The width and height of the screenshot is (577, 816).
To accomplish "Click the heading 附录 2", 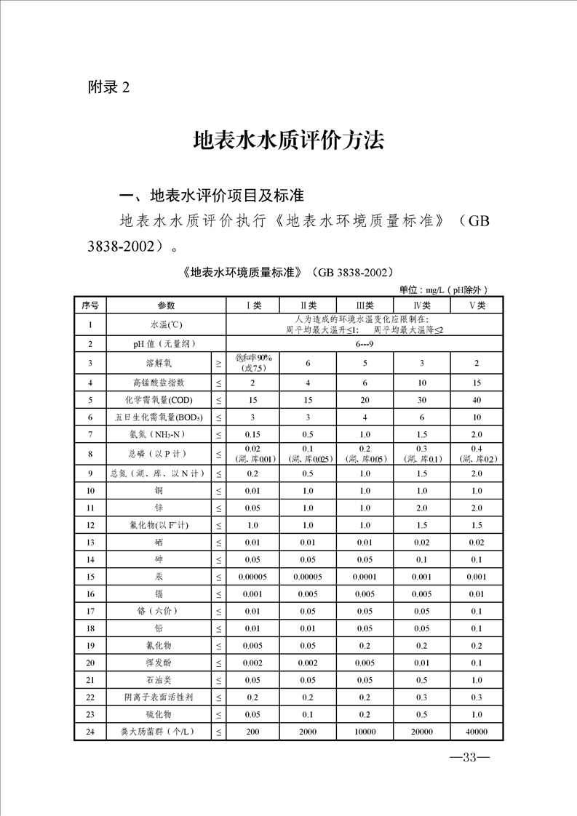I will [x=108, y=87].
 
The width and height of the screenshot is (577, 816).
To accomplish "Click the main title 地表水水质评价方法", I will [x=288, y=140].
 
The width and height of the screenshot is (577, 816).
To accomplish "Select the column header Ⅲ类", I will [x=365, y=305].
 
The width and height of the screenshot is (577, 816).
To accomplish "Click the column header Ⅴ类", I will [x=477, y=305].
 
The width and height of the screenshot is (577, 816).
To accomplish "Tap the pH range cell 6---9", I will [x=365, y=343].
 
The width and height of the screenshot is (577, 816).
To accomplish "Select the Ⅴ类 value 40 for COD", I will [x=477, y=400].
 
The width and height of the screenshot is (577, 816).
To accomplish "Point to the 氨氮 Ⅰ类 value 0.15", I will [x=252, y=435].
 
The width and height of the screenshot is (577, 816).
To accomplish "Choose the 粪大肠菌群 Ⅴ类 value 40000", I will [x=477, y=732].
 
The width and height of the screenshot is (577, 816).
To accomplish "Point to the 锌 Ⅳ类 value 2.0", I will [x=421, y=508].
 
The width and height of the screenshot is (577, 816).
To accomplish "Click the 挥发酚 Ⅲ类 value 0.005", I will [x=365, y=663].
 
